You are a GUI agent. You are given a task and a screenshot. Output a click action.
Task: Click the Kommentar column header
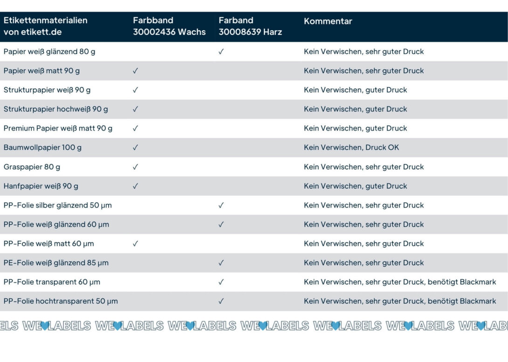(328, 21)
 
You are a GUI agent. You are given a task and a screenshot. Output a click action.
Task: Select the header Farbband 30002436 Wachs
(169, 26)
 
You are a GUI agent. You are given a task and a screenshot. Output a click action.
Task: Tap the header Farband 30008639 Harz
(250, 26)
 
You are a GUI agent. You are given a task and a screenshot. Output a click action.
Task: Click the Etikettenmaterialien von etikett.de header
(45, 26)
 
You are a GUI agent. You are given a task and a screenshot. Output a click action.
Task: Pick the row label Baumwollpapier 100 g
(42, 147)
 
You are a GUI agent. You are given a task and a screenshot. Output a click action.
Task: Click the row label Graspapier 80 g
(32, 167)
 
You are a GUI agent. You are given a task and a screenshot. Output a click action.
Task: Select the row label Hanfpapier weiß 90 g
(41, 186)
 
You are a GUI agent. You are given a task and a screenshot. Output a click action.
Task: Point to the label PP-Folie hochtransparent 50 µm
(61, 301)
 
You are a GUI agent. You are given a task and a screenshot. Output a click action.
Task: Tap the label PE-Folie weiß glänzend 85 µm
(56, 263)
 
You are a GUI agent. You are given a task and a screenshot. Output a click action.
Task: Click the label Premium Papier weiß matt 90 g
(58, 128)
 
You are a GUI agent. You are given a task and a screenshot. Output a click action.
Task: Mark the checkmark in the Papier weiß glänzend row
(221, 52)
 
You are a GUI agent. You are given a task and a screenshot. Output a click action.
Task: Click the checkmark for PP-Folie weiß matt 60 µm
(135, 244)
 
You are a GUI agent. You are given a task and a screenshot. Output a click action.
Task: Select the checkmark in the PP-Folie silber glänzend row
(221, 205)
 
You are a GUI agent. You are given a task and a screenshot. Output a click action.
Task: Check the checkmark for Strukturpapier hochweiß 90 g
(135, 109)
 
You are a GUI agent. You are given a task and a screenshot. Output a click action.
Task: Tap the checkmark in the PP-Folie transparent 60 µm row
(221, 282)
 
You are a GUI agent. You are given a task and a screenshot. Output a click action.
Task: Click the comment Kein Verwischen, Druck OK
(351, 147)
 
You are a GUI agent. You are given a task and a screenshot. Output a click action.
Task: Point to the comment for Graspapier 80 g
(364, 167)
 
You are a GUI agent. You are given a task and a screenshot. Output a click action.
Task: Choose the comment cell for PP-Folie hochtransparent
(400, 301)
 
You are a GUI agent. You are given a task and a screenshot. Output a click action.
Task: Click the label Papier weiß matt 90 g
(41, 71)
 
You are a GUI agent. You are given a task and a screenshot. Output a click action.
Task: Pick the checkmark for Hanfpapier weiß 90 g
(135, 186)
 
